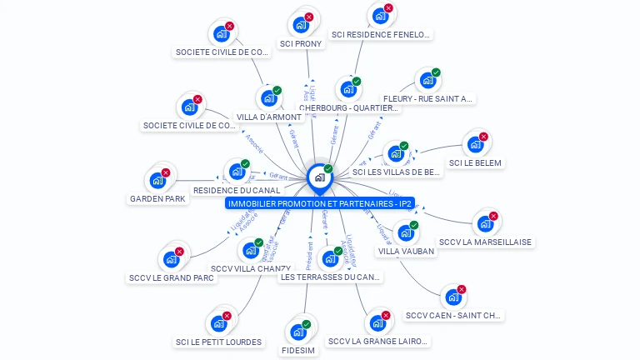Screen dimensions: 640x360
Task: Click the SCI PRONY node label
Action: click(301, 44)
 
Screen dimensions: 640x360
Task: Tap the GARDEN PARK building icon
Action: click(157, 180)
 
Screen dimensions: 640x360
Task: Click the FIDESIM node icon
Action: click(298, 332)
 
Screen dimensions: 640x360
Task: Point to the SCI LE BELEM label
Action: click(475, 163)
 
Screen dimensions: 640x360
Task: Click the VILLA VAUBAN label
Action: click(407, 251)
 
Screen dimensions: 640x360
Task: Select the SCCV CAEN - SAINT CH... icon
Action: click(452, 297)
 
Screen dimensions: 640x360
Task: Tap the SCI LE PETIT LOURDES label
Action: click(218, 342)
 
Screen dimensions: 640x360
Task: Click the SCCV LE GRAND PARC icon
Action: click(171, 259)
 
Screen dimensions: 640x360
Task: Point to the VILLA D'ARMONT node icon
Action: click(268, 98)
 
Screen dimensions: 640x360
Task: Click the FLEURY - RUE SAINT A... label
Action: click(428, 98)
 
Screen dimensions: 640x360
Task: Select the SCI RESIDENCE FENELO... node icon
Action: click(380, 16)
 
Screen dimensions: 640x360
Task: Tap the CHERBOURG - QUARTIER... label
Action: click(348, 107)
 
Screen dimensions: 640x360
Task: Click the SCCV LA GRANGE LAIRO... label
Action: click(378, 341)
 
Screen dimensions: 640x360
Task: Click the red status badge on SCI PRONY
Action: click(309, 17)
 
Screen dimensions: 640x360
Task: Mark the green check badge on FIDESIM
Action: click(307, 324)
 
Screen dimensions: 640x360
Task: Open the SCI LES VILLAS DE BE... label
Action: click(397, 172)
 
